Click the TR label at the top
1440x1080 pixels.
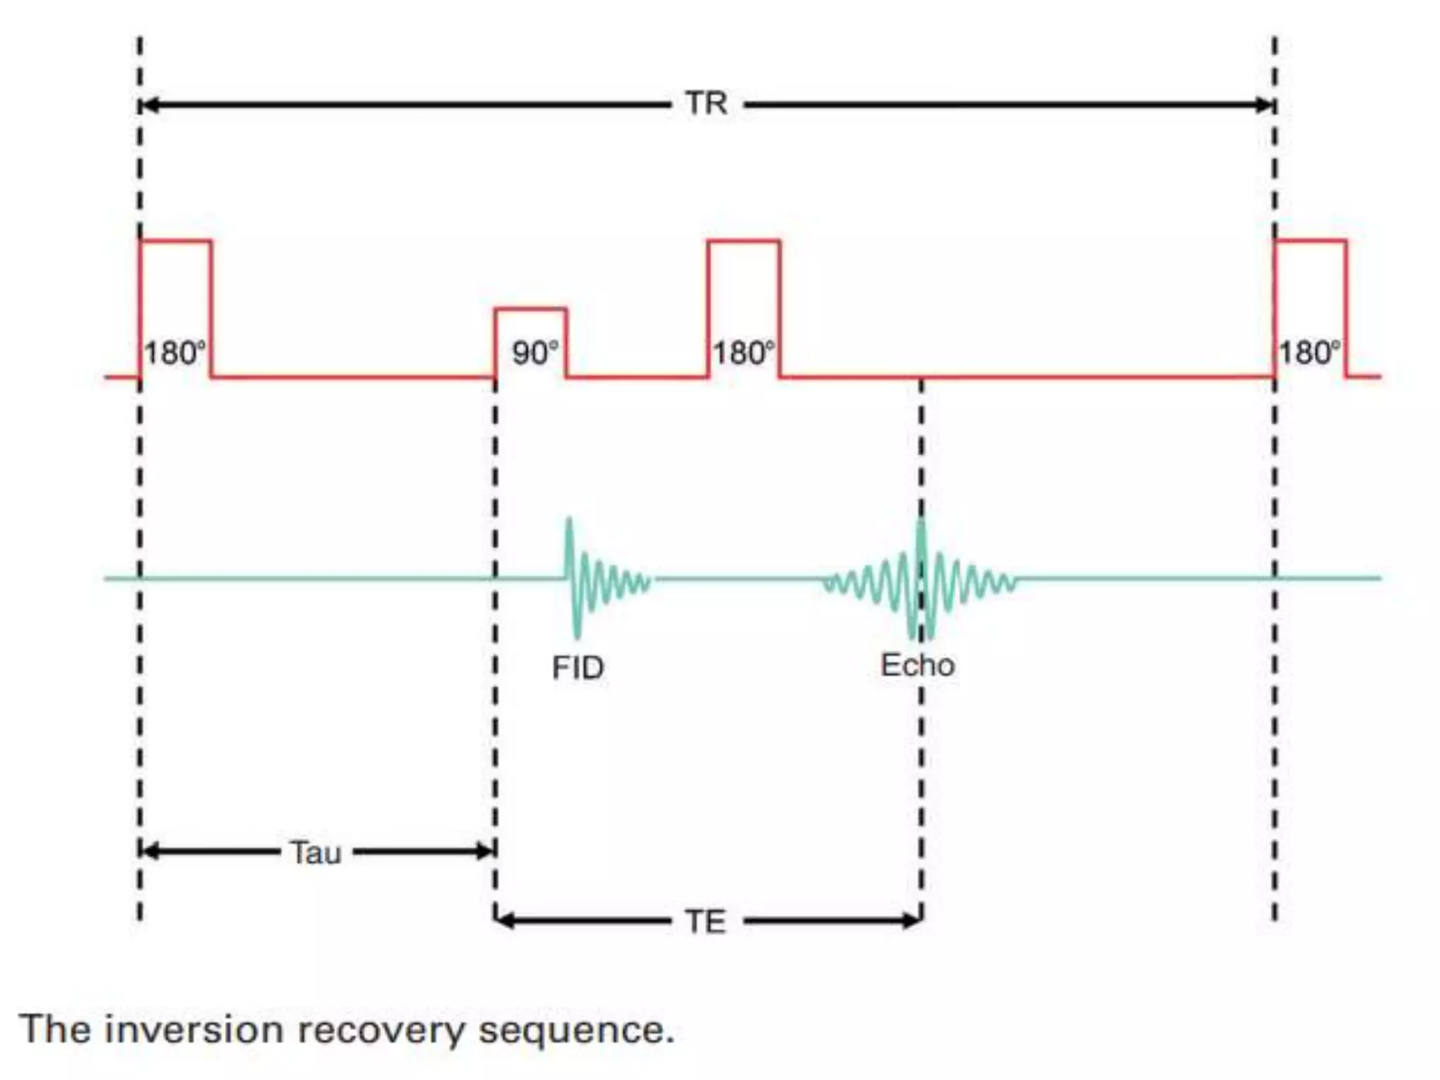point(706,103)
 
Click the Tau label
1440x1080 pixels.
point(316,853)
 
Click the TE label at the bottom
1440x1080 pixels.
point(705,922)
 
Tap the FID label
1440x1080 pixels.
point(577,668)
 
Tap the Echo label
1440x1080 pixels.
point(918,665)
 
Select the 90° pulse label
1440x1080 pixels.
point(535,353)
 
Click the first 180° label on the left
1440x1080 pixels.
point(175,353)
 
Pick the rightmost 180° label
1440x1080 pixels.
point(1309,353)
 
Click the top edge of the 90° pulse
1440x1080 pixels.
point(530,309)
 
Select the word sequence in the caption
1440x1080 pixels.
point(575,1031)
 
